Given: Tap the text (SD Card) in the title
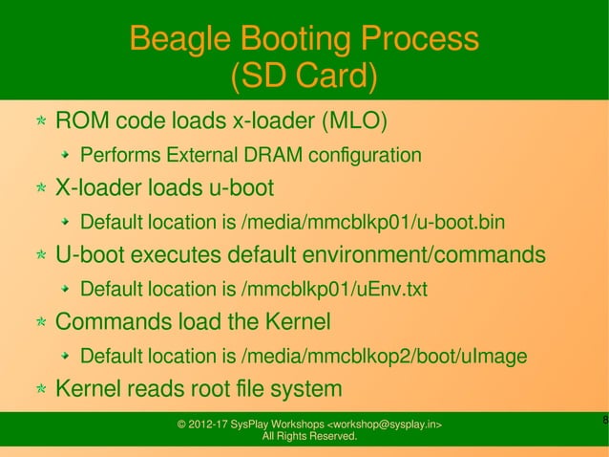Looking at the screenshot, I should click(304, 76).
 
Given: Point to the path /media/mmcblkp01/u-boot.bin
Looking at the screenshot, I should click(374, 224).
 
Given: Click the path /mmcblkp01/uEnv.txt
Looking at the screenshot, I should click(335, 290).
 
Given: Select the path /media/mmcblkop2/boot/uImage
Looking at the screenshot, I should click(385, 358).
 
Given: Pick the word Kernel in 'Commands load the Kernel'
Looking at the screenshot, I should click(299, 322).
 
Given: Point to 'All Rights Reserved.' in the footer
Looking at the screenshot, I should click(308, 437).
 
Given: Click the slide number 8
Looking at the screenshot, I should click(604, 421).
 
